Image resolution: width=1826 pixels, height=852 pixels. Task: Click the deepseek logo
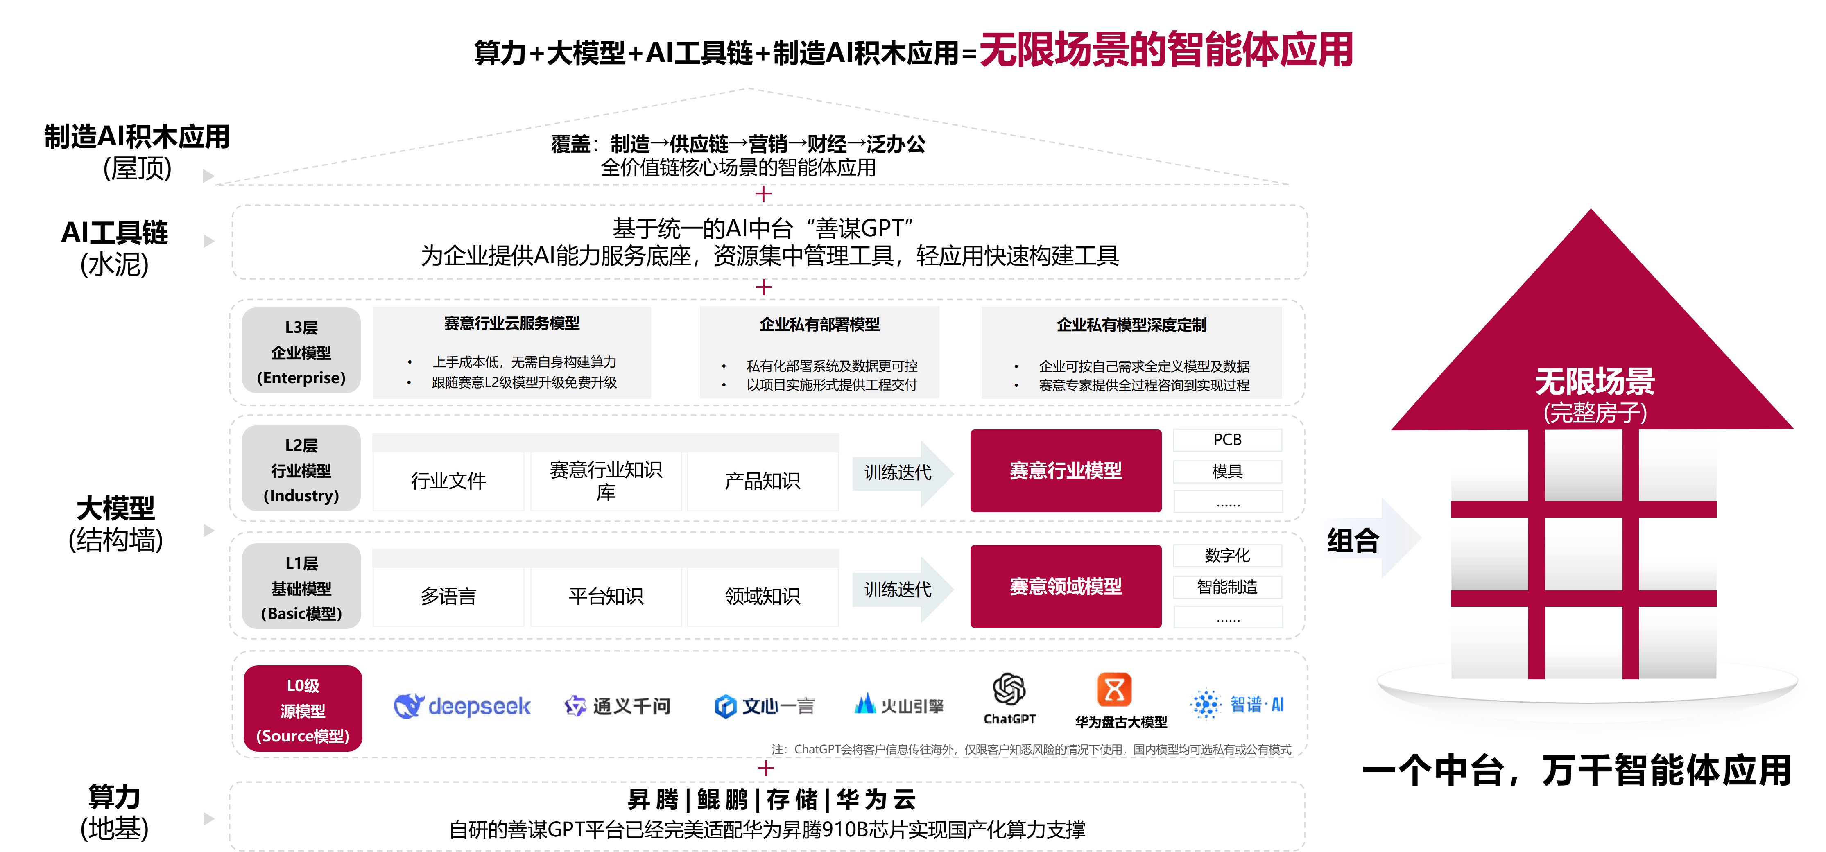tap(462, 705)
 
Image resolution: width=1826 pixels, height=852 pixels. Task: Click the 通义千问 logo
tap(617, 706)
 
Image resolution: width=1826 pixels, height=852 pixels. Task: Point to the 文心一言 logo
tap(764, 706)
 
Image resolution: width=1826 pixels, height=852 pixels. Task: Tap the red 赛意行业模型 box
tap(1066, 471)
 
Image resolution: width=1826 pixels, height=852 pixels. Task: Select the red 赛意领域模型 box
tap(1066, 586)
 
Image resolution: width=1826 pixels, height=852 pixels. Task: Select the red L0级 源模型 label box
tap(303, 709)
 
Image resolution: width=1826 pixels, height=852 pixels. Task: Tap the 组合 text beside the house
tap(1353, 541)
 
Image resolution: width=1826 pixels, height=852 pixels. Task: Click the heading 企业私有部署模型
tap(819, 325)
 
